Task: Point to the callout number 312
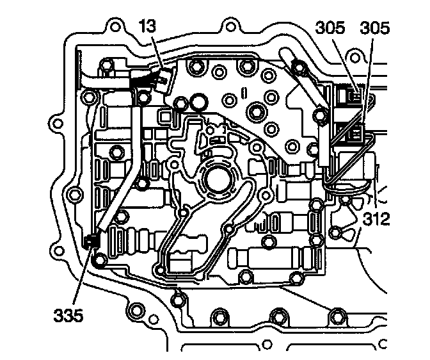[x=376, y=220]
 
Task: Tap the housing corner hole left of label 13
[x=116, y=29]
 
